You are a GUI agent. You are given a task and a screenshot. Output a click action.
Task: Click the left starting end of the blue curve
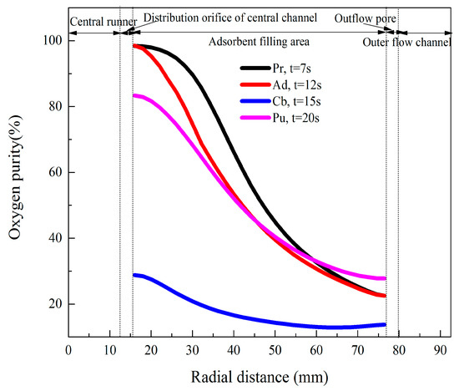[x=134, y=275]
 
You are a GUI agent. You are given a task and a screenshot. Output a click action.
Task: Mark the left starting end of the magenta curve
[x=134, y=96]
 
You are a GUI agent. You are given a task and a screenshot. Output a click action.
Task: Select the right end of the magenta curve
[x=385, y=278]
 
